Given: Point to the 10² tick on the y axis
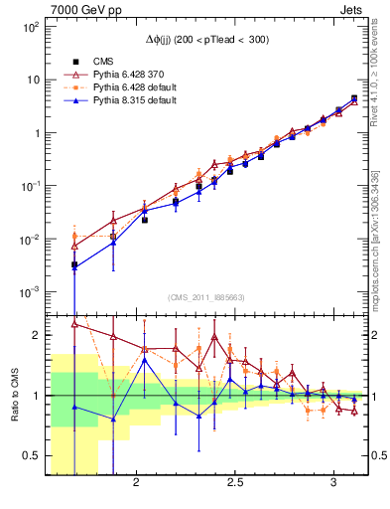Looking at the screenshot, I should pos(29,27).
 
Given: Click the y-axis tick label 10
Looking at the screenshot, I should pos(32,80).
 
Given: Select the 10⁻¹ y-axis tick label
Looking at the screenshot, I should pos(29,186).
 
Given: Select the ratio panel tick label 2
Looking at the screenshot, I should pos(36,335).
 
